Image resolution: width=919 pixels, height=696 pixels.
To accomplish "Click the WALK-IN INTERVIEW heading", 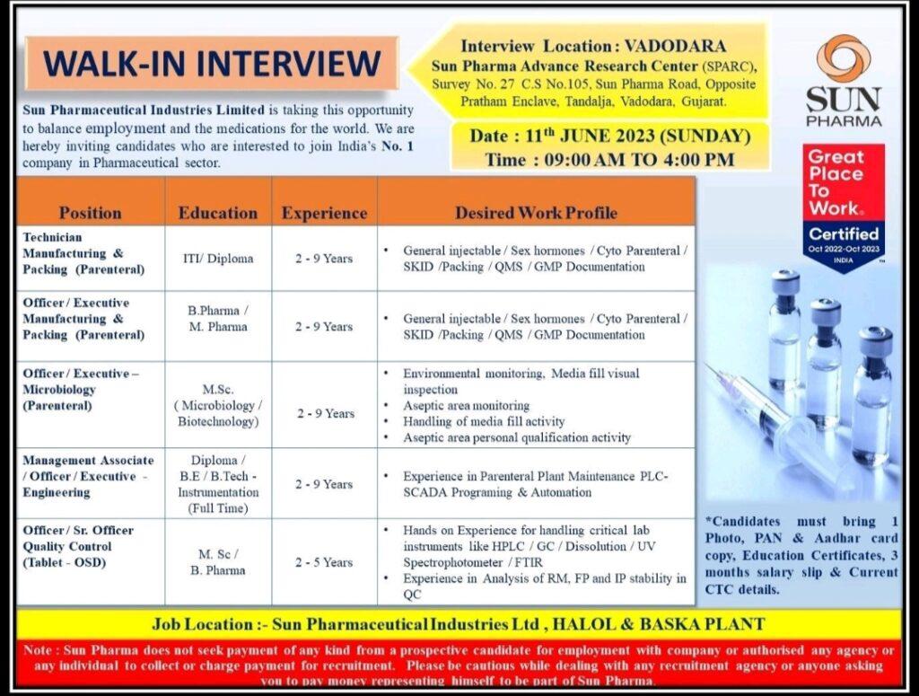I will coord(212,63).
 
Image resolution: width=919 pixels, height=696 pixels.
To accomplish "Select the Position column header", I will coord(90,213).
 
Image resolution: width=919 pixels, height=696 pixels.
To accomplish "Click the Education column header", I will coord(217,213).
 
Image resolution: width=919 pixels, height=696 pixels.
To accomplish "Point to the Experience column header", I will coord(324,213).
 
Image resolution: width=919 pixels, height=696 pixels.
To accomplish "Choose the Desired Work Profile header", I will coord(536,213).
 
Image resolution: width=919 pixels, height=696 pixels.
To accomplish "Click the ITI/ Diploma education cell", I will coord(217,259).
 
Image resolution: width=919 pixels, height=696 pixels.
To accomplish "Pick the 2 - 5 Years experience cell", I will coord(324,562).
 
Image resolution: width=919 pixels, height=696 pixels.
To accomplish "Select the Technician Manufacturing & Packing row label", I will coord(84,253).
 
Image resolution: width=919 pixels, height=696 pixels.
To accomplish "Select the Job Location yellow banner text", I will coord(458,624).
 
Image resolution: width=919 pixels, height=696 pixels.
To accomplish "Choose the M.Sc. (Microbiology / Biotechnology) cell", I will coord(217,405).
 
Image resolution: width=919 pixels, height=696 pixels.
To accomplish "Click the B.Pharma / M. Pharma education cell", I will coord(217,319).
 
